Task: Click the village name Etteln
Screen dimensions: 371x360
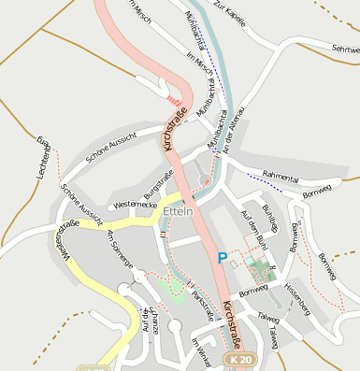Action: pyautogui.click(x=178, y=212)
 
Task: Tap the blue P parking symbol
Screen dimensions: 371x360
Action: pyautogui.click(x=223, y=258)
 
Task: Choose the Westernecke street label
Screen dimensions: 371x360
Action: pyautogui.click(x=130, y=204)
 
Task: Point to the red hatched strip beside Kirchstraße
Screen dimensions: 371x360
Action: pyautogui.click(x=175, y=96)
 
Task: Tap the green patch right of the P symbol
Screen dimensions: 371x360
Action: pyautogui.click(x=258, y=273)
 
